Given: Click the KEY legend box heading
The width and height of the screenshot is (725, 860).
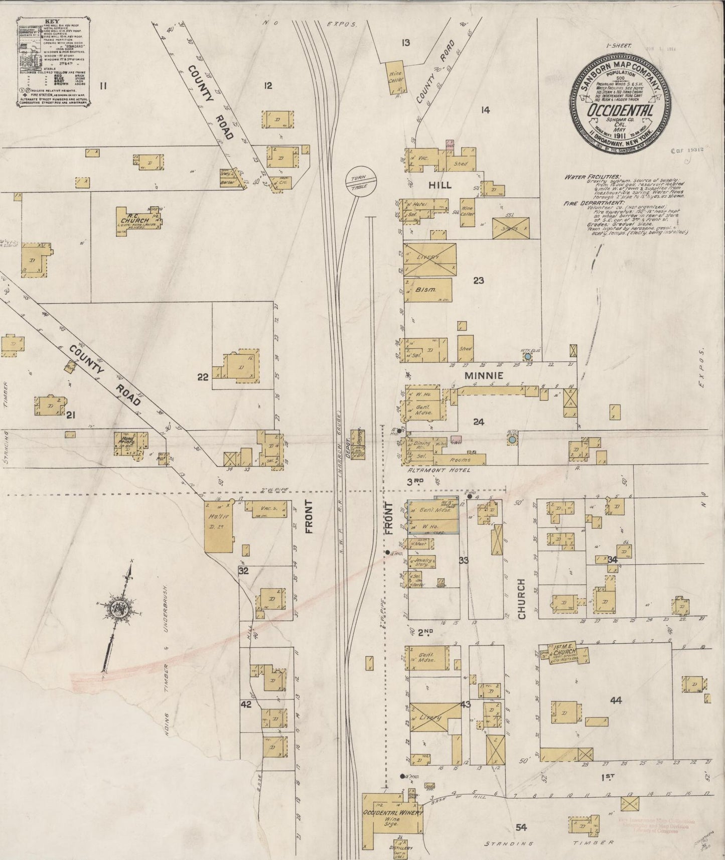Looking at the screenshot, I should pyautogui.click(x=52, y=22).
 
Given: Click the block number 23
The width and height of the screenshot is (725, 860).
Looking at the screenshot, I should pyautogui.click(x=479, y=280).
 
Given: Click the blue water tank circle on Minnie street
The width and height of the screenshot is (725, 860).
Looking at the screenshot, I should pyautogui.click(x=527, y=357).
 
